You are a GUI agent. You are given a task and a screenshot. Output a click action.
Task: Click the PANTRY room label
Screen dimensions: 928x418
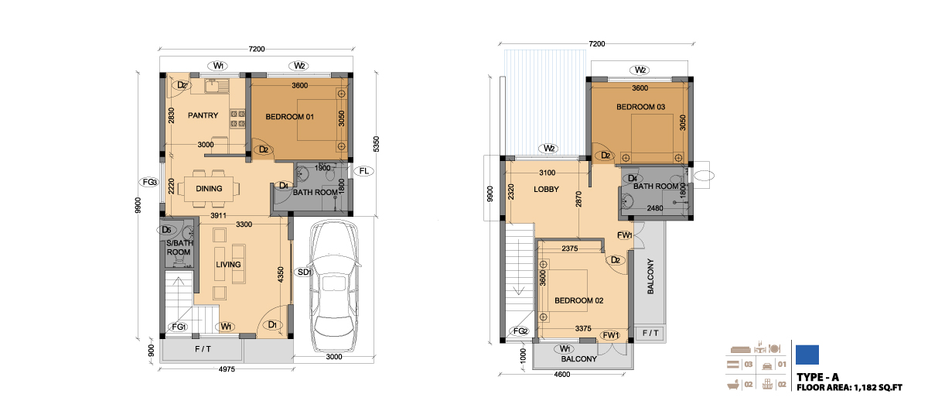[203, 115]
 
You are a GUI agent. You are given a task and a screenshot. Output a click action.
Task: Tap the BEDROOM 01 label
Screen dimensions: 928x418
[289, 117]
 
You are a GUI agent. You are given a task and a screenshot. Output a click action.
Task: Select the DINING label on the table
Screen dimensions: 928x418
[209, 189]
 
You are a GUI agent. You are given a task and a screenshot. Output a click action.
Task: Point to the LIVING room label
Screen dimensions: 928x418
[228, 265]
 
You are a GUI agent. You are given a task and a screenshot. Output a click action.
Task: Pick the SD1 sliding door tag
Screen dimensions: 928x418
[304, 272]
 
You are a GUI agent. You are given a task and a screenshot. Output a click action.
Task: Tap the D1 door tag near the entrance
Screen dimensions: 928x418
[272, 324]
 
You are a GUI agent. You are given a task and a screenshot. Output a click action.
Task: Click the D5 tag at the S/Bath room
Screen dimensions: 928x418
[166, 230]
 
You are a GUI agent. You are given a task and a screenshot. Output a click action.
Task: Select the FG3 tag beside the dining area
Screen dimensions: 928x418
[149, 182]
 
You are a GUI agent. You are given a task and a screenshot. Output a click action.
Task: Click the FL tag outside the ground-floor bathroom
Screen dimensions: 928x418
[363, 171]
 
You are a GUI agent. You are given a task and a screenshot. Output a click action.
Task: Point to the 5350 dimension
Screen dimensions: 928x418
[376, 144]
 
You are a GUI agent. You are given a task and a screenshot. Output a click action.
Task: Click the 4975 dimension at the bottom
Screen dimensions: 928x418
[227, 369]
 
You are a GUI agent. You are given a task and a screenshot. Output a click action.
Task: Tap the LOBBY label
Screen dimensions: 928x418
[546, 190]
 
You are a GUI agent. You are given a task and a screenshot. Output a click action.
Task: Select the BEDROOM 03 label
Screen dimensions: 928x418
[640, 107]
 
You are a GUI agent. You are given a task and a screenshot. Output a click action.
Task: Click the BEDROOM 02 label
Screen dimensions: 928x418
[578, 300]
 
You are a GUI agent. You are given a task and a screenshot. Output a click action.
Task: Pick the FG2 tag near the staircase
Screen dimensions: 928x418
[520, 331]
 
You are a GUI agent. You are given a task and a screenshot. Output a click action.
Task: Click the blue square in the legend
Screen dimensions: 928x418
[807, 355]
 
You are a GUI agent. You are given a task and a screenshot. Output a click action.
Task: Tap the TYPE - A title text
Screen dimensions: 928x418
[817, 378]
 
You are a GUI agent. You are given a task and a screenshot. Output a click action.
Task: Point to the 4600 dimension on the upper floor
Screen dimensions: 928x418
[561, 375]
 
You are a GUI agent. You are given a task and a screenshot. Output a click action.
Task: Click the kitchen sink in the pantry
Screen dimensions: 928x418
[217, 86]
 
